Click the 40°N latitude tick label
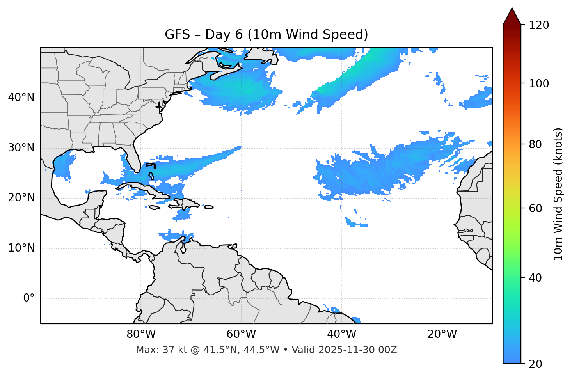21,98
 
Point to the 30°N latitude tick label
21,148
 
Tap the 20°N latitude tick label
21,198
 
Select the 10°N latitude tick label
21,248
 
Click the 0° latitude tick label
29,298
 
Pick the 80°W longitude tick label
141,334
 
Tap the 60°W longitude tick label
241,334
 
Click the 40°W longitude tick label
341,334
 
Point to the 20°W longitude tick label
442,334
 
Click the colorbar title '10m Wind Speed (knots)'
558,194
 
